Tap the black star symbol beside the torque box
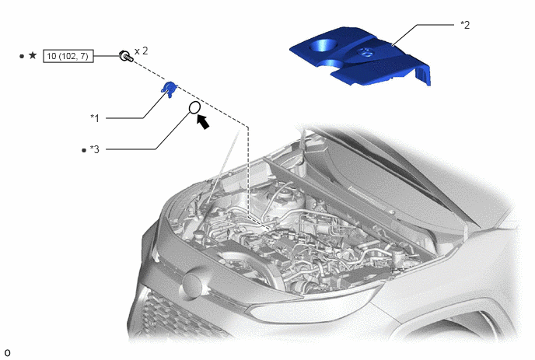(x=33, y=55)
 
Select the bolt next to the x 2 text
(x=125, y=56)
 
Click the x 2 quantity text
(x=142, y=51)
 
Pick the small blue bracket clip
(x=169, y=89)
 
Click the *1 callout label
(x=95, y=118)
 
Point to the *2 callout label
(x=465, y=25)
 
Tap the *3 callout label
(x=95, y=149)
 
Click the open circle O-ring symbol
(x=194, y=107)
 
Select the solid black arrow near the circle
(x=204, y=122)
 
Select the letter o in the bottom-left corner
(x=7, y=353)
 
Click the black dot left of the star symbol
(x=22, y=56)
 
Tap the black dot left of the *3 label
(x=84, y=150)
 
